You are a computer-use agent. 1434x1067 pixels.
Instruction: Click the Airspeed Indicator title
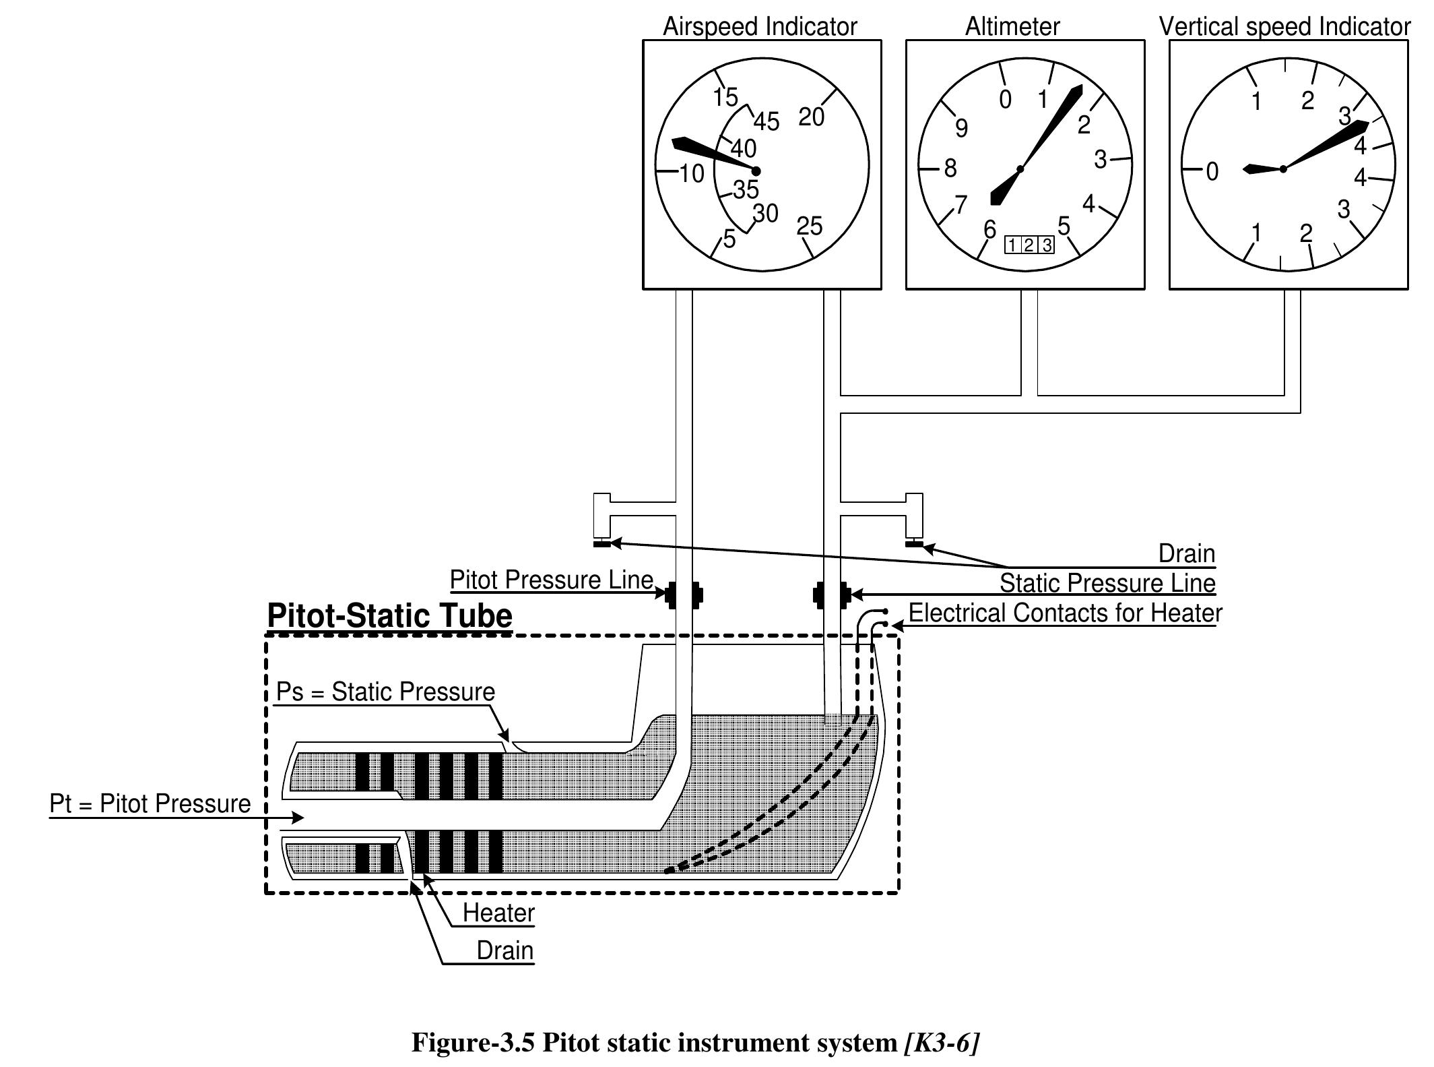[x=759, y=27]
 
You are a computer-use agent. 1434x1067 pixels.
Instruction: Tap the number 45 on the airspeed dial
[x=767, y=122]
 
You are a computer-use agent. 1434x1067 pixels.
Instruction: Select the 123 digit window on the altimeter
[x=1029, y=245]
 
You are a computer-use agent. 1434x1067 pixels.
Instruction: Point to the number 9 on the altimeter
[x=961, y=127]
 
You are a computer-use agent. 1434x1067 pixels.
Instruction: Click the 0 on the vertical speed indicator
[x=1212, y=172]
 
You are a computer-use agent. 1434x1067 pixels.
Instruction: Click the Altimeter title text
[x=1012, y=27]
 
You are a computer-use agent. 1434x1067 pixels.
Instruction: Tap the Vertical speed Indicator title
[x=1284, y=27]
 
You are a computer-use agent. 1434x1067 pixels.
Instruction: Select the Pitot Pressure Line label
[x=551, y=580]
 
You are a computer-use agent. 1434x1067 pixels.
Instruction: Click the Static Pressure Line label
[x=1107, y=583]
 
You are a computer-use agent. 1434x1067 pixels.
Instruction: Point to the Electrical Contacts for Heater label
[x=1065, y=613]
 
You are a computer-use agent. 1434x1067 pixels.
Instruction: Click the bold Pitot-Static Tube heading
[x=389, y=615]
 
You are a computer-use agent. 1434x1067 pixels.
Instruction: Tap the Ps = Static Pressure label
[x=385, y=692]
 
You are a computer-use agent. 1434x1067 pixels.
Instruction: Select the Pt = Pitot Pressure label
[x=150, y=803]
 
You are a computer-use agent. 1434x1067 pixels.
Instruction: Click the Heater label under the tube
[x=498, y=913]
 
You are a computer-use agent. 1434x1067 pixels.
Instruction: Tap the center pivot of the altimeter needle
[x=1020, y=169]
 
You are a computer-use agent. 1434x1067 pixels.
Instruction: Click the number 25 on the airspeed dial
[x=809, y=226]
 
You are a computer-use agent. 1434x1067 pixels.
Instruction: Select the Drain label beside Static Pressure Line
[x=1186, y=553]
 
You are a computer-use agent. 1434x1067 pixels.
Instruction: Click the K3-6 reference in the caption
[x=941, y=1042]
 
